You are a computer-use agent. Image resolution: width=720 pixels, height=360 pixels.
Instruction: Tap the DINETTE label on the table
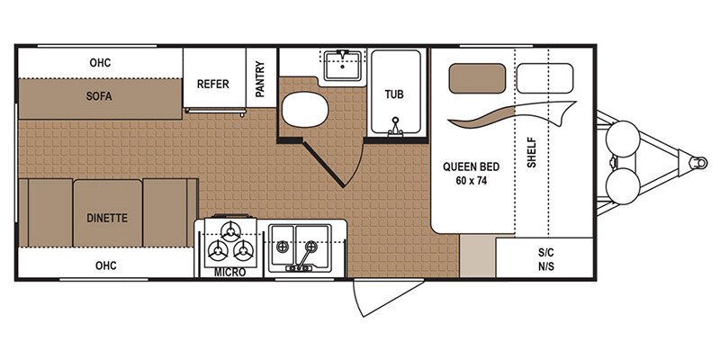pyautogui.click(x=107, y=217)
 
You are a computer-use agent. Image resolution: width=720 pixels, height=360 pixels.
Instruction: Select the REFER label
pyautogui.click(x=213, y=85)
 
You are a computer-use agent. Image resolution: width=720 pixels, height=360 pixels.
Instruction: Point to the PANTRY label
pyautogui.click(x=260, y=80)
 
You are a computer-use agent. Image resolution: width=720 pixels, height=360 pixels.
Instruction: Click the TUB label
pyautogui.click(x=394, y=94)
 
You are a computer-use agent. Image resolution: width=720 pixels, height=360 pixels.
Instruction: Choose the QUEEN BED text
pyautogui.click(x=470, y=166)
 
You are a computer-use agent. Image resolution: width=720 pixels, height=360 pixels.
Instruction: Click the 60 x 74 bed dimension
pyautogui.click(x=470, y=181)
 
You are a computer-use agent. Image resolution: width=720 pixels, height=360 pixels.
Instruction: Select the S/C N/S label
pyautogui.click(x=544, y=258)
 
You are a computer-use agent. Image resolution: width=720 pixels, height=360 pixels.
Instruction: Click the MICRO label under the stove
pyautogui.click(x=230, y=272)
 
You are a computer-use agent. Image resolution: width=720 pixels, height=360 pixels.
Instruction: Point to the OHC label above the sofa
pyautogui.click(x=100, y=63)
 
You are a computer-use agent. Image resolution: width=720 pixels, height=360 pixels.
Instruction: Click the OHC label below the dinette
pyautogui.click(x=107, y=265)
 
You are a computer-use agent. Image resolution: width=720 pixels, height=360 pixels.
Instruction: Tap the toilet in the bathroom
pyautogui.click(x=297, y=112)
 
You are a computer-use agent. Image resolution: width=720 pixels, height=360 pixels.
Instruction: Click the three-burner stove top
pyautogui.click(x=230, y=240)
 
